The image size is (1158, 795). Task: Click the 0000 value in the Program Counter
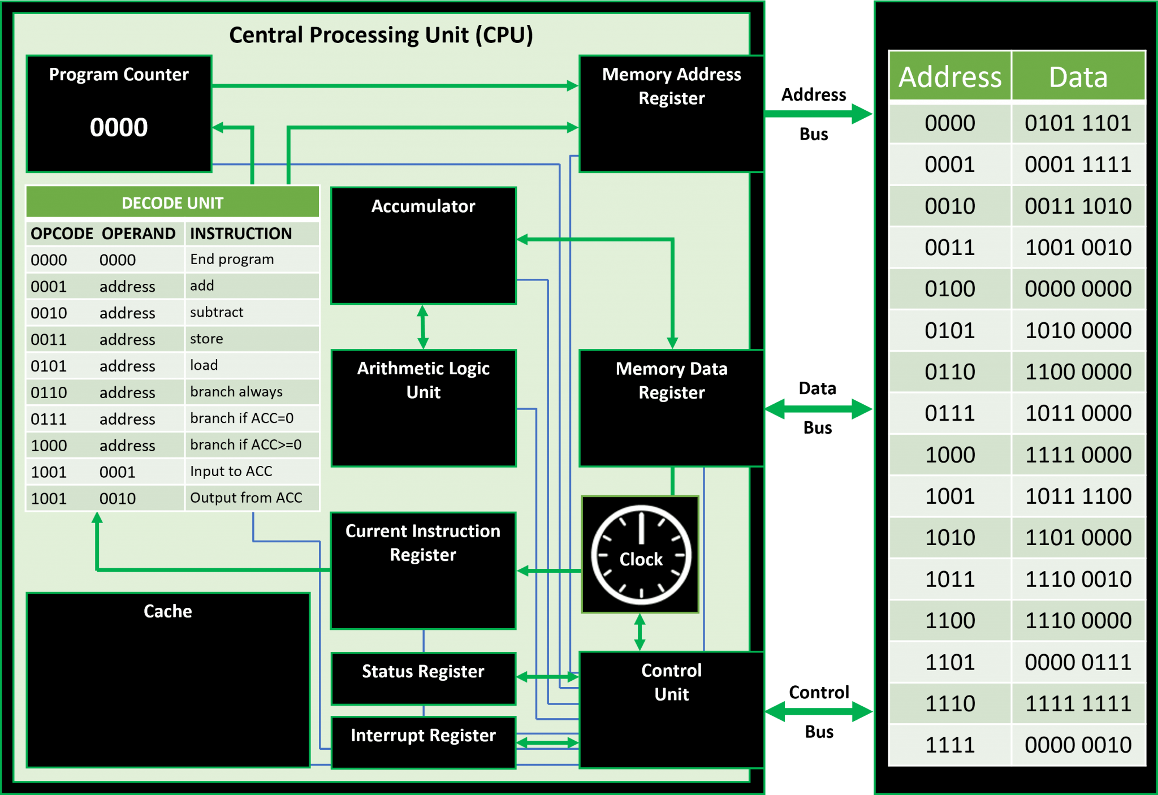click(119, 127)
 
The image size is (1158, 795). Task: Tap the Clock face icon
click(641, 555)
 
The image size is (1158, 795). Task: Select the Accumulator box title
click(423, 206)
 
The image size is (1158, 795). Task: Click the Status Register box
click(423, 678)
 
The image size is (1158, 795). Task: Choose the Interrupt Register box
click(423, 741)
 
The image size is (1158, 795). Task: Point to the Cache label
click(168, 611)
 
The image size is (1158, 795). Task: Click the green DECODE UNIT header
click(172, 203)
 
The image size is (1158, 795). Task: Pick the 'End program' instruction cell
click(232, 260)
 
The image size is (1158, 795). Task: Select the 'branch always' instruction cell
click(236, 392)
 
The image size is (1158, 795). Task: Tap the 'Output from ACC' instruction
click(246, 498)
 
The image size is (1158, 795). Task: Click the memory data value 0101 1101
click(1078, 123)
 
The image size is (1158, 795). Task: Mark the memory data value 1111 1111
click(1078, 704)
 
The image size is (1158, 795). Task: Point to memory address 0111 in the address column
click(950, 413)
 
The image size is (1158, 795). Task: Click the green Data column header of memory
click(1078, 77)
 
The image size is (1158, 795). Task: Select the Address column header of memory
click(950, 77)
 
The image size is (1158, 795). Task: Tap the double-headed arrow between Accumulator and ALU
click(422, 327)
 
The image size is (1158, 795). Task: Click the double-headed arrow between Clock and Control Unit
click(640, 632)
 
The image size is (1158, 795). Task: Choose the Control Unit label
click(671, 682)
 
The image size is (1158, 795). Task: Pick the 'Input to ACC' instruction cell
click(231, 472)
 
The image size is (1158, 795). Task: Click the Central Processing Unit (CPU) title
click(381, 35)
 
